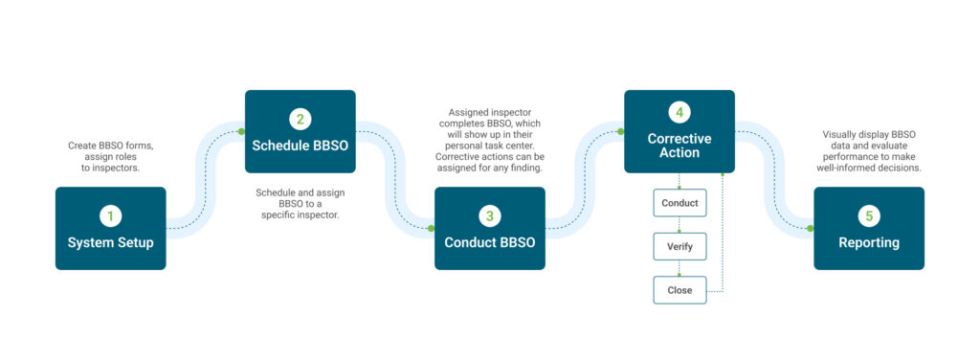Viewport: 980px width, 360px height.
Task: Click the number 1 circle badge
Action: click(110, 216)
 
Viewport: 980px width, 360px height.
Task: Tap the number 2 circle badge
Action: click(300, 120)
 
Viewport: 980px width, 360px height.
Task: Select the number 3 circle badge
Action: click(489, 216)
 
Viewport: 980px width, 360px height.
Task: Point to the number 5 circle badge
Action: click(868, 216)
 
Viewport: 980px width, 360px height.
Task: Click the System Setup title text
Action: click(110, 243)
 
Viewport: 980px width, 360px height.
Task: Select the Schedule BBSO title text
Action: click(300, 146)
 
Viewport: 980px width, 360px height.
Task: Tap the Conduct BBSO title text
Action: click(489, 243)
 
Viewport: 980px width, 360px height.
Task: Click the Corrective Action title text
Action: click(679, 146)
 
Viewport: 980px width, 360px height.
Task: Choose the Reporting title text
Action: click(868, 243)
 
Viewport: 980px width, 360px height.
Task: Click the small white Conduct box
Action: click(679, 203)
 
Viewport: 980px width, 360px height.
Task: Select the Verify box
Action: click(679, 246)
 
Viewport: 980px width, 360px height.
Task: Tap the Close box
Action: click(679, 289)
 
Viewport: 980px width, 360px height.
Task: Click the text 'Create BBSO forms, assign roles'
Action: click(110, 152)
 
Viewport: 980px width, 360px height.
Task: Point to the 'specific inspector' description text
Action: click(300, 214)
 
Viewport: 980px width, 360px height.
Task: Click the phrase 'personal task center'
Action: click(489, 146)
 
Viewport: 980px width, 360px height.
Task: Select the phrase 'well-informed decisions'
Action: click(871, 168)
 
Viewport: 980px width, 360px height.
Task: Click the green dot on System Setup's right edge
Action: click(166, 228)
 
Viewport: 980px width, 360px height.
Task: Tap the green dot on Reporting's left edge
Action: click(811, 228)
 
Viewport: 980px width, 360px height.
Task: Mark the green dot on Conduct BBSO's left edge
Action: click(432, 228)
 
